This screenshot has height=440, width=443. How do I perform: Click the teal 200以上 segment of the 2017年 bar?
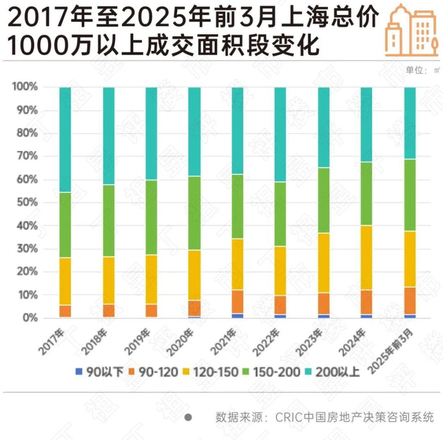[x=65, y=139]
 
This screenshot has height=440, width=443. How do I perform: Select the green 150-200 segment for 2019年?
[x=151, y=217]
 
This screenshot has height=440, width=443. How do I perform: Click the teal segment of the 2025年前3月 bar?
[x=410, y=123]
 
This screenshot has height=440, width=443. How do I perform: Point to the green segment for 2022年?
[x=280, y=214]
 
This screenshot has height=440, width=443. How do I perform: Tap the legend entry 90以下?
[x=99, y=372]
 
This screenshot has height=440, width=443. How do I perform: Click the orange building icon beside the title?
[x=411, y=30]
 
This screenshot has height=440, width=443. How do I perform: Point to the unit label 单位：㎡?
[x=422, y=70]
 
